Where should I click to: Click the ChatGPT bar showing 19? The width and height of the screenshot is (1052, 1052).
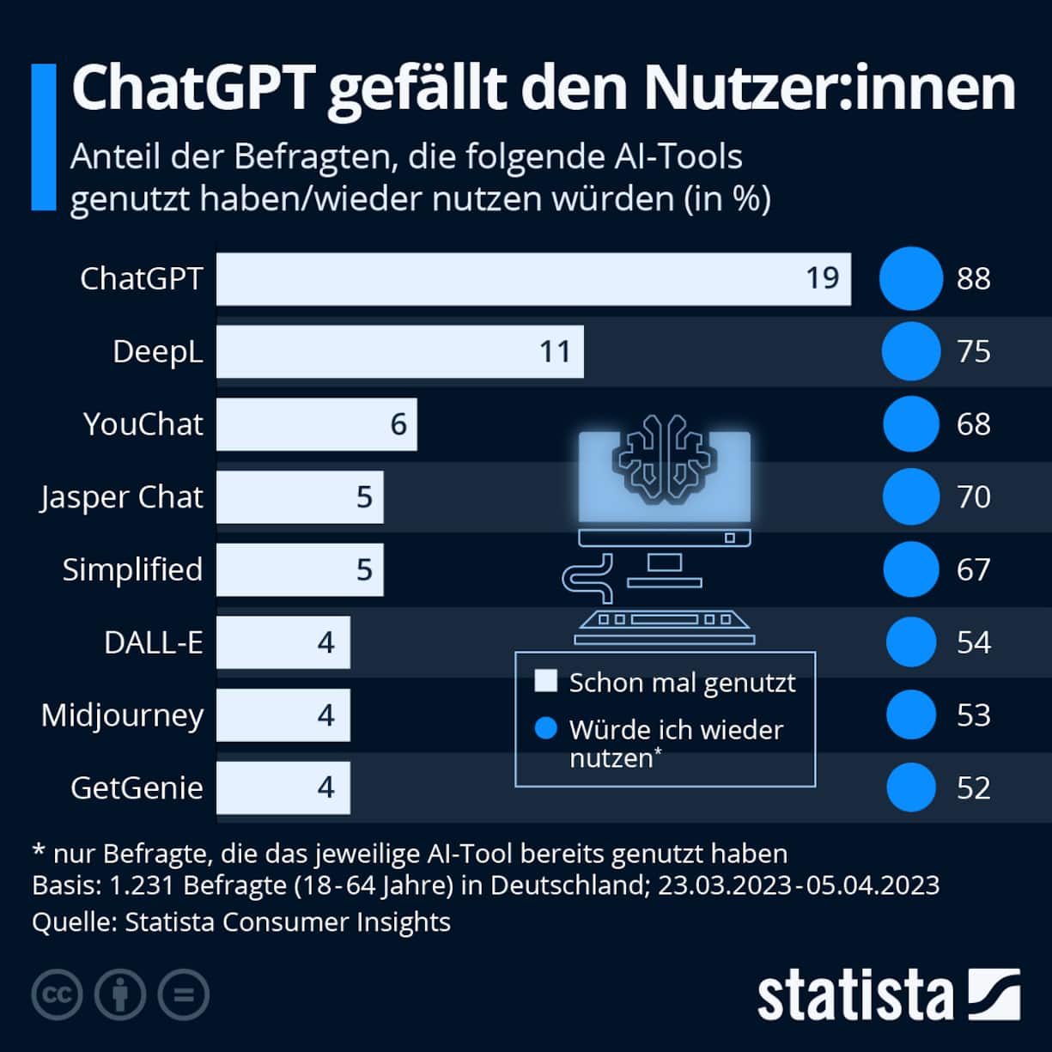click(x=532, y=278)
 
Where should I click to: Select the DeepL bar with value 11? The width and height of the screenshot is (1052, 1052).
click(x=399, y=351)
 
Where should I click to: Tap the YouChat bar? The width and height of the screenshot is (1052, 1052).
click(x=316, y=424)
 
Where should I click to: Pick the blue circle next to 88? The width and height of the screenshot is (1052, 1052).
click(x=910, y=278)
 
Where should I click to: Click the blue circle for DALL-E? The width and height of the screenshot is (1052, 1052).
click(x=910, y=642)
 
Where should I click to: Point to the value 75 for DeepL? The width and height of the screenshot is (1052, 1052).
click(x=973, y=351)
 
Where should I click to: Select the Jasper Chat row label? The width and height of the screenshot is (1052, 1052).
click(x=121, y=497)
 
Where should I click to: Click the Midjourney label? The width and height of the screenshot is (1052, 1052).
click(x=122, y=715)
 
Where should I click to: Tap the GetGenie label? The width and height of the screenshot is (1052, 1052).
click(x=137, y=787)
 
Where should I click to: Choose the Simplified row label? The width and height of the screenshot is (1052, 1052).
click(x=132, y=569)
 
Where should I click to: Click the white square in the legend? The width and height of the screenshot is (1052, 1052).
click(x=545, y=682)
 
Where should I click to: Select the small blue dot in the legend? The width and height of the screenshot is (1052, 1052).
click(x=545, y=729)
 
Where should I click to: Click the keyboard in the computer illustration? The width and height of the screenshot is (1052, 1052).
click(x=664, y=626)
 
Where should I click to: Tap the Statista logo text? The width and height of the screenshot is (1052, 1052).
click(x=854, y=996)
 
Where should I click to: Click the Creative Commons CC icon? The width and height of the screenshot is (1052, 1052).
click(x=57, y=994)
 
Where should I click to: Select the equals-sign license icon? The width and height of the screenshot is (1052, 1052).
click(x=184, y=994)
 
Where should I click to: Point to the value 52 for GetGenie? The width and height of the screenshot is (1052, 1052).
click(x=973, y=787)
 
